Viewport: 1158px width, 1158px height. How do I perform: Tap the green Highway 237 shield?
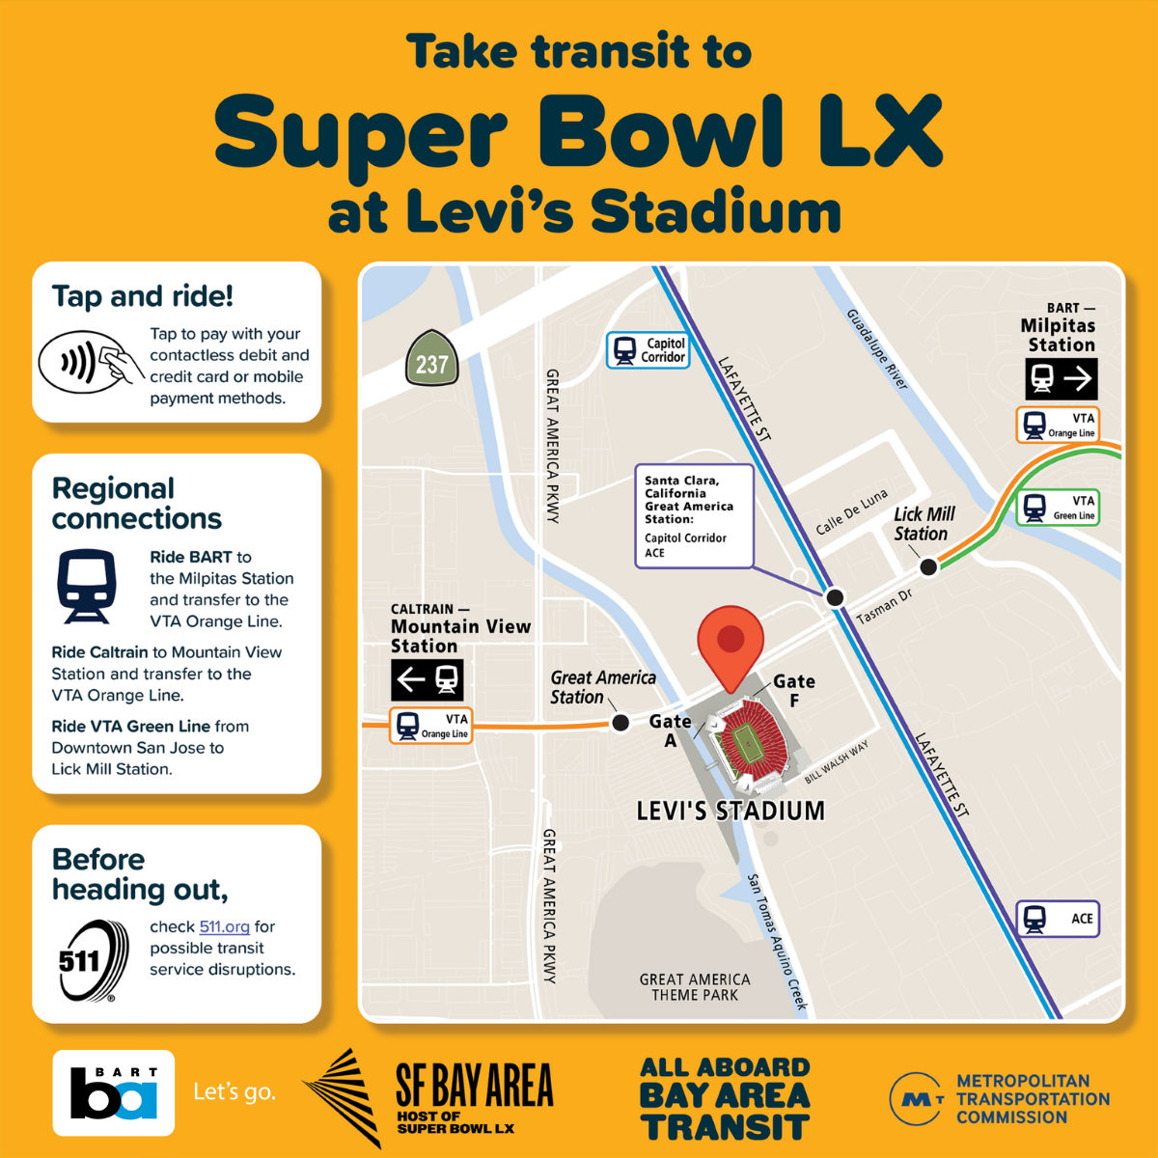pos(431,360)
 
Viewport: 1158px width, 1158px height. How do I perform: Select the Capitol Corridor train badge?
pos(648,350)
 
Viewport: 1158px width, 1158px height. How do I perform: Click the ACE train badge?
pos(1058,919)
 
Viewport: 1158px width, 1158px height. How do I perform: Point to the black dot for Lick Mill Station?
pos(928,567)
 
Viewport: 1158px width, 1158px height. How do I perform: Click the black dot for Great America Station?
pos(621,722)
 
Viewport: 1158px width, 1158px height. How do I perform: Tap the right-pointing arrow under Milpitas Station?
pos(1077,378)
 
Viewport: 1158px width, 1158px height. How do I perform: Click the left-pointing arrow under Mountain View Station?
pos(411,680)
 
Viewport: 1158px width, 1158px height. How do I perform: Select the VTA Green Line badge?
pos(1059,507)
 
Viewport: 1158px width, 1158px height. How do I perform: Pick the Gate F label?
pos(794,690)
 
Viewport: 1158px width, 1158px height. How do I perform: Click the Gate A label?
pos(670,731)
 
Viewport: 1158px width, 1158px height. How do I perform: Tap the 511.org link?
pos(224,926)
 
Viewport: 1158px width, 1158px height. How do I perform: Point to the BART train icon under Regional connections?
pos(87,586)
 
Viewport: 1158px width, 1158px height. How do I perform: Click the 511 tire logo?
pos(93,961)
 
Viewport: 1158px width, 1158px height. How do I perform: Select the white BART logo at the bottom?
pos(114,1092)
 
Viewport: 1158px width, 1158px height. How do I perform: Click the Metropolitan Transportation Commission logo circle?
pos(916,1098)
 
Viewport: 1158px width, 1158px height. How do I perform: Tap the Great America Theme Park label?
pos(695,987)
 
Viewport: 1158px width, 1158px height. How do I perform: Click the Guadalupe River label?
pos(877,349)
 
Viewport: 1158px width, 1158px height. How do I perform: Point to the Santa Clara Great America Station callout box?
pos(693,516)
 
